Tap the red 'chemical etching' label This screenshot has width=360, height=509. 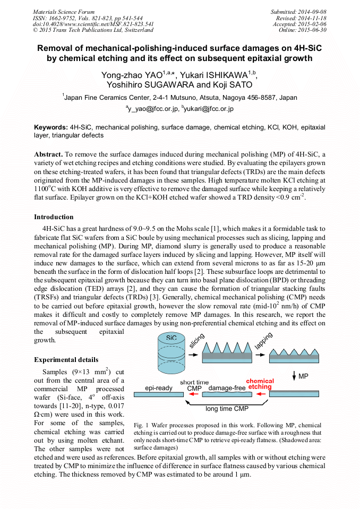[x=260, y=384]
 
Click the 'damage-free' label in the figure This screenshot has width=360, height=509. [x=227, y=388]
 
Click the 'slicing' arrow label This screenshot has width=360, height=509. [x=199, y=340]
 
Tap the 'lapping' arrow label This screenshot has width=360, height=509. [x=263, y=340]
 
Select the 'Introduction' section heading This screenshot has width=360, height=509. [x=54, y=217]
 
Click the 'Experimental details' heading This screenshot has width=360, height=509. [x=66, y=360]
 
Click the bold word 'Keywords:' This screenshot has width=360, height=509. [x=51, y=128]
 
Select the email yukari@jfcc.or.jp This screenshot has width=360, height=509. [x=208, y=109]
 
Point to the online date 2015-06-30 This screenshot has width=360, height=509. [x=313, y=30]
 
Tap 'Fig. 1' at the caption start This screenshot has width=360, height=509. [x=142, y=426]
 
